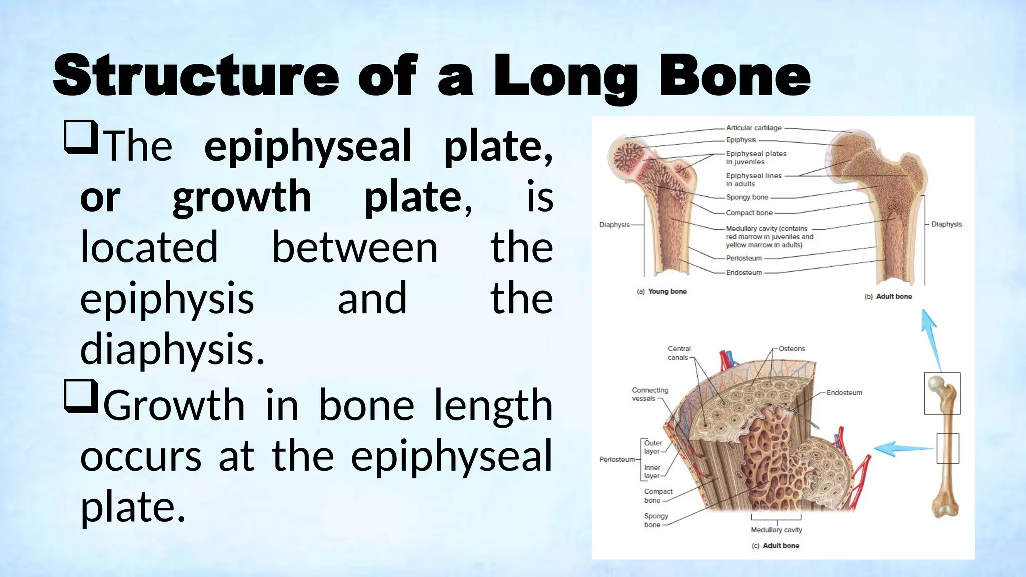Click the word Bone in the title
734,76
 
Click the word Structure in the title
195,76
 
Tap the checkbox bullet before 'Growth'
81,396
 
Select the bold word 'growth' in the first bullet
242,197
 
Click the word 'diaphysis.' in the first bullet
172,349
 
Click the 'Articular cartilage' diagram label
753,128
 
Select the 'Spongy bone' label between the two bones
747,197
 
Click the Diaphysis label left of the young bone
614,225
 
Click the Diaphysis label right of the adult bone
946,224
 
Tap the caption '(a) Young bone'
661,291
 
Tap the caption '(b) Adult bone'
888,296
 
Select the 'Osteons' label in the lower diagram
791,349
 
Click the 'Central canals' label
679,353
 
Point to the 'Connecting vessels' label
649,394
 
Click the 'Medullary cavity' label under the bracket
776,530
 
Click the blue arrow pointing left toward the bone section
902,448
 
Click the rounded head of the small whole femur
935,384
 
